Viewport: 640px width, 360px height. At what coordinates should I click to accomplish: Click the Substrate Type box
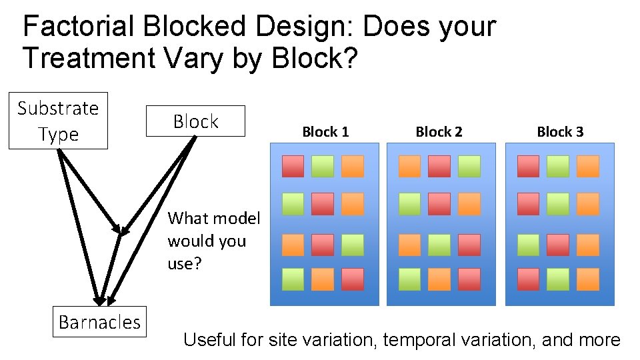[58, 121]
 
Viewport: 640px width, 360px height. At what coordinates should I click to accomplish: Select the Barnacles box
[99, 322]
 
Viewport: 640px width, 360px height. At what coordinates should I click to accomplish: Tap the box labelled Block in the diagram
[195, 121]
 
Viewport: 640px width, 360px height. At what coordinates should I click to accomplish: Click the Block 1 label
[325, 132]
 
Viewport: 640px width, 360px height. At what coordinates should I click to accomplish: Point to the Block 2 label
[439, 132]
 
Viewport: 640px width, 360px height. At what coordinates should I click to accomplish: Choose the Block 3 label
[560, 132]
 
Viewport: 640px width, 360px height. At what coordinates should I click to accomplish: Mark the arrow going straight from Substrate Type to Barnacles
[79, 227]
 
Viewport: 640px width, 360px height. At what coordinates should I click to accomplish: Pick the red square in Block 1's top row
[293, 166]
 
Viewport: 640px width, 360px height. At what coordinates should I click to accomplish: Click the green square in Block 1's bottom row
[293, 279]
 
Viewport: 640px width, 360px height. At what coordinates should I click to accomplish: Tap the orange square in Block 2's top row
[409, 166]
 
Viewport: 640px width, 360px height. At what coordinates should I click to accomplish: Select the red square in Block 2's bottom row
[469, 279]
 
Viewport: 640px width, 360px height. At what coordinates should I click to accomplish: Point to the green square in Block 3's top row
[558, 166]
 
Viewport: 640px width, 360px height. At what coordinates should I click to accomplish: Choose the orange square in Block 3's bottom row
[587, 279]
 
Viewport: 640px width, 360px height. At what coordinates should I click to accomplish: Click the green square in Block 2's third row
[439, 245]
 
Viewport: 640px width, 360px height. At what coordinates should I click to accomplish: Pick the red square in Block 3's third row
[558, 245]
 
